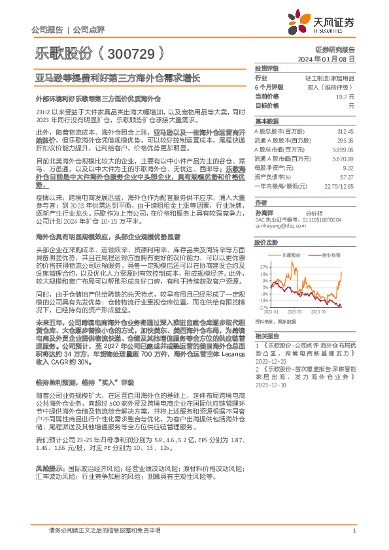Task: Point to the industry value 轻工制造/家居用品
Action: [x=332, y=77]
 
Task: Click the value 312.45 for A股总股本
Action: [x=345, y=131]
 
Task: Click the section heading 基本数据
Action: [x=266, y=121]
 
